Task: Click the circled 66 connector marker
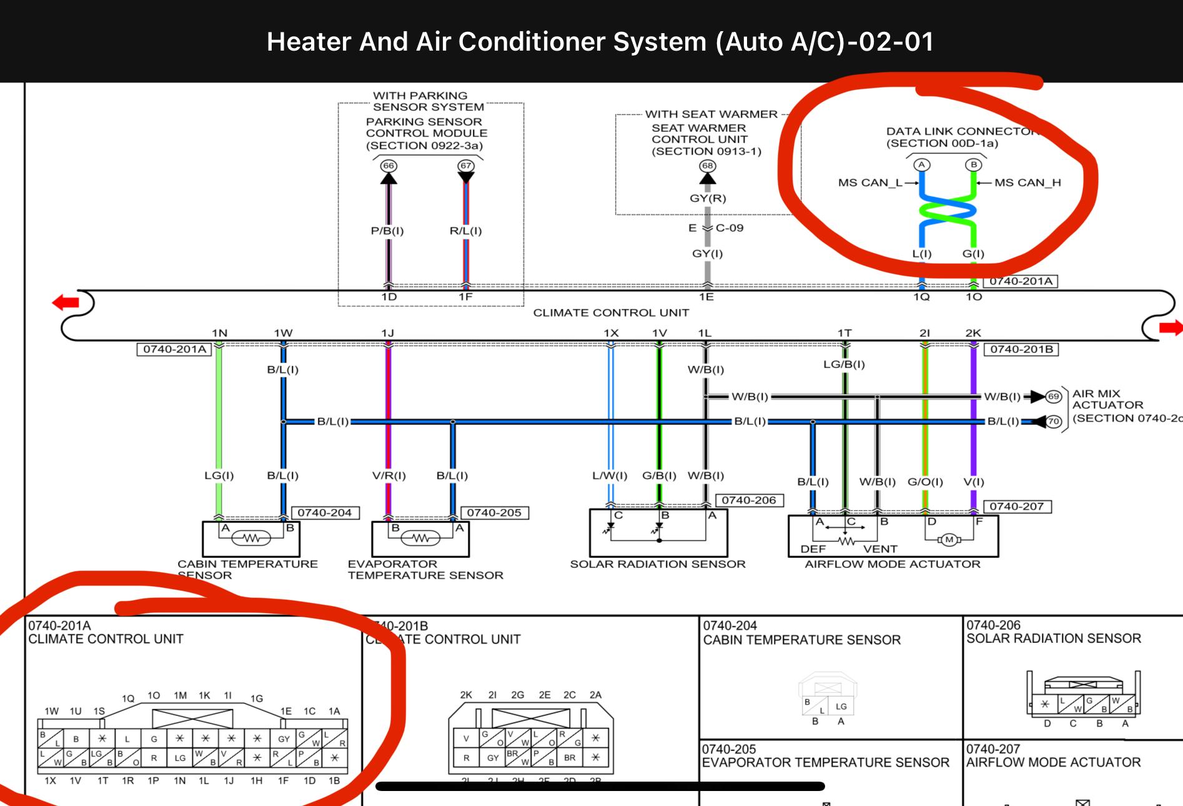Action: [x=389, y=166]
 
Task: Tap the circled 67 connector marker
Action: [x=465, y=166]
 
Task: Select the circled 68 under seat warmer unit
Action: [x=707, y=166]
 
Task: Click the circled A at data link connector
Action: [x=922, y=165]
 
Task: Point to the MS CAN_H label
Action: [x=1027, y=182]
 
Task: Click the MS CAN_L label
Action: [x=870, y=182]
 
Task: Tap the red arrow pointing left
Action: [x=66, y=303]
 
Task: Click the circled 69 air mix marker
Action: [x=1054, y=397]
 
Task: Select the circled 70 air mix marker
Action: [x=1054, y=422]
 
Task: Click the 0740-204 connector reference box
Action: [x=324, y=513]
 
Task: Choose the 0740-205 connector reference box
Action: [x=494, y=513]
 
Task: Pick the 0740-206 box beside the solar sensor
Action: [x=749, y=500]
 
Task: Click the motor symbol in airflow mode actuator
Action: [x=949, y=540]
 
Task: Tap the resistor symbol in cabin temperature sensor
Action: [x=251, y=538]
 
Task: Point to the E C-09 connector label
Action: [x=716, y=228]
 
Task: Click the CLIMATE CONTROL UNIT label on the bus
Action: [x=611, y=312]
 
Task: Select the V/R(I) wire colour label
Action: [x=389, y=475]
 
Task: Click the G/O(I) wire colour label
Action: [x=925, y=482]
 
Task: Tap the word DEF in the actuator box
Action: [x=813, y=549]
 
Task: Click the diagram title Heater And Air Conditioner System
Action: [x=600, y=42]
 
